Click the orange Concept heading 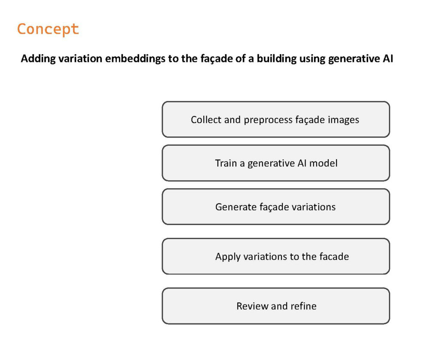click(48, 29)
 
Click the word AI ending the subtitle click(388, 59)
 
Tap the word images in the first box click(343, 120)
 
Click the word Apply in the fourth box click(228, 257)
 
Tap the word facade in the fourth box click(334, 256)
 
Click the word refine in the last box click(303, 306)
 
